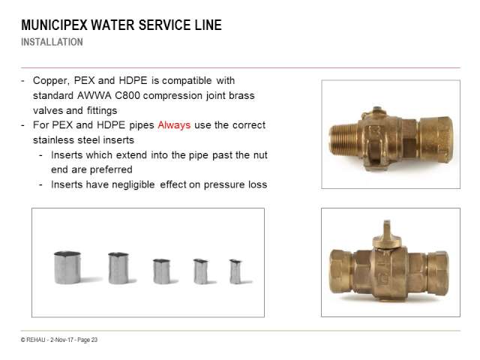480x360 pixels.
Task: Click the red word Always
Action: pos(174,125)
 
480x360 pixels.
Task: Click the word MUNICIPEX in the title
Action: pos(54,25)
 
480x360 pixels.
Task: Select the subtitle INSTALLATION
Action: pos(52,42)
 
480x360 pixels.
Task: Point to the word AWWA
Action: pos(94,95)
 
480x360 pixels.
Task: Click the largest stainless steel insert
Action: pos(67,268)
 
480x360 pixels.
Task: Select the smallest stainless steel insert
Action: pos(235,271)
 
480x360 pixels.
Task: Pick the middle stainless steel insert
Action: pos(161,271)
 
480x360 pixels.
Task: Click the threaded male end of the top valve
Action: pos(343,138)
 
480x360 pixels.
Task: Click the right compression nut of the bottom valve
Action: pos(438,271)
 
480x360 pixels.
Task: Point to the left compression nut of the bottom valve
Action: pos(341,271)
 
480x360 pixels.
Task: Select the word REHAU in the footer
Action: pos(36,340)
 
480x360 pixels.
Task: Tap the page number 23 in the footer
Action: pos(94,340)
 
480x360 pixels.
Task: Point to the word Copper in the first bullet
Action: pos(51,80)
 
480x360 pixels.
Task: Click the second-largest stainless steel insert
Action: pos(118,268)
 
